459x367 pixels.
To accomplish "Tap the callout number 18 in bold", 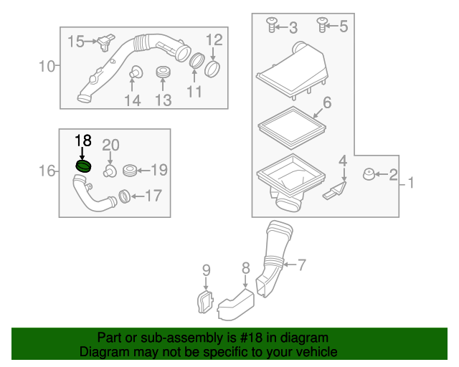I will point(83,140).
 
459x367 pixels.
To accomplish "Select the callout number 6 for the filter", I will point(326,103).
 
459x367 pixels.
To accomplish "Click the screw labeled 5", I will point(322,27).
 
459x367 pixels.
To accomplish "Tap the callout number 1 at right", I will point(412,184).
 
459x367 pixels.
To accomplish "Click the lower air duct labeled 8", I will point(237,301).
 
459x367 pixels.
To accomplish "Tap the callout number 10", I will point(47,67).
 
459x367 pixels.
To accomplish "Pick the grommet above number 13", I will point(164,73).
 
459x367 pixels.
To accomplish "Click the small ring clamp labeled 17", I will point(123,194).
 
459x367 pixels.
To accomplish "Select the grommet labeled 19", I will point(130,171).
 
